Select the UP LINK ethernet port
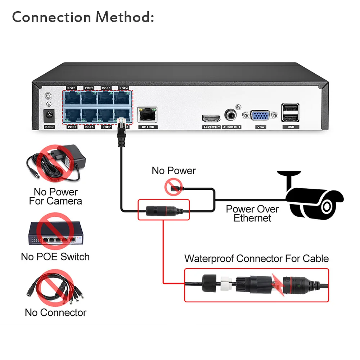click(x=147, y=114)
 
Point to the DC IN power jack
click(x=49, y=116)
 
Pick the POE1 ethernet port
click(x=71, y=98)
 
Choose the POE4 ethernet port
click(x=123, y=98)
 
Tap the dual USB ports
click(x=291, y=113)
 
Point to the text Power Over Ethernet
click(x=252, y=213)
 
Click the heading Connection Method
click(x=83, y=17)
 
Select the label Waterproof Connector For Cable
click(x=256, y=258)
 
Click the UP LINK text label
click(x=148, y=127)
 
